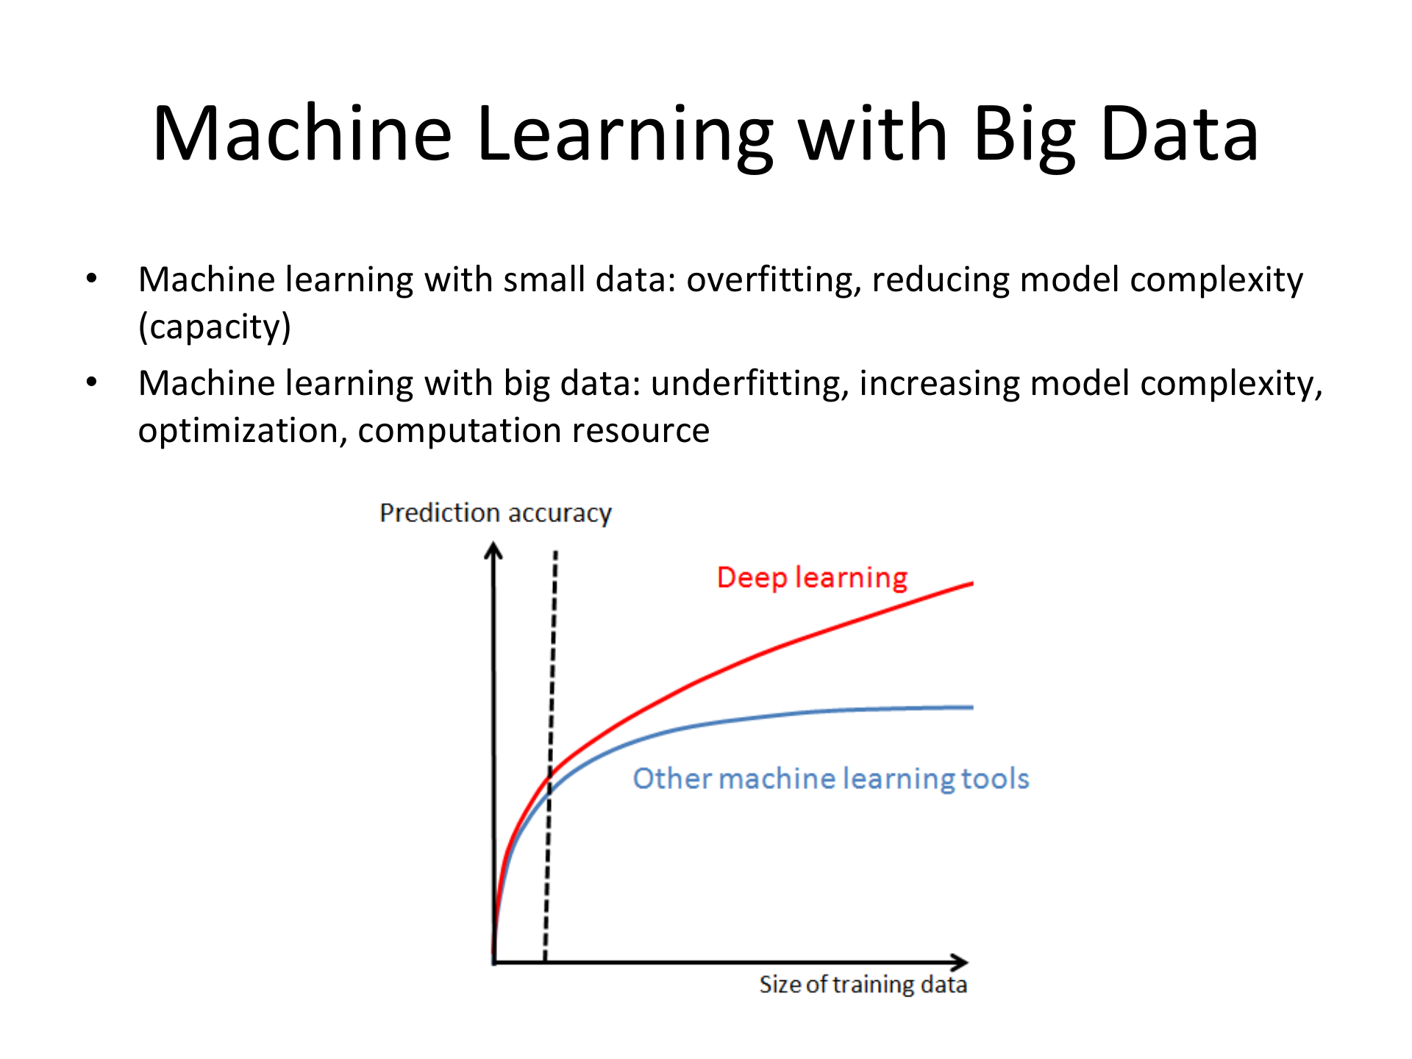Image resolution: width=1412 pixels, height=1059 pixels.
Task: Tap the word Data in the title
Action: [x=1180, y=134]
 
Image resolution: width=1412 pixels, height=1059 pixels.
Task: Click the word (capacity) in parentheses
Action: [x=215, y=327]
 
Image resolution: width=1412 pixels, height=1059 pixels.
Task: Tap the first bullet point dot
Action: [x=91, y=279]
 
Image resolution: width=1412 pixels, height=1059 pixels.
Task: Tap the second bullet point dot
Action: [x=91, y=382]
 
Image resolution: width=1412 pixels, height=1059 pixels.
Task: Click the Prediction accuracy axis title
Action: [x=495, y=513]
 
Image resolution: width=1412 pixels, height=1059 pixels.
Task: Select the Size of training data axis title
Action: [x=863, y=985]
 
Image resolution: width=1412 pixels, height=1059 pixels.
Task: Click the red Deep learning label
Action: [x=812, y=578]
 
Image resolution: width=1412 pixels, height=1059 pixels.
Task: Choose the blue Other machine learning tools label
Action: [x=831, y=779]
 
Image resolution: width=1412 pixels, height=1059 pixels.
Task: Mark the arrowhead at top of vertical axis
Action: [x=493, y=549]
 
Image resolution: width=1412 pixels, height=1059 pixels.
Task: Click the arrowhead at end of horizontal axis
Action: [x=961, y=962]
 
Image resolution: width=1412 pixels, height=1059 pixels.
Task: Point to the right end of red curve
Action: [x=971, y=584]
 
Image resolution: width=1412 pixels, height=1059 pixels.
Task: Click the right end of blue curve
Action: [x=971, y=707]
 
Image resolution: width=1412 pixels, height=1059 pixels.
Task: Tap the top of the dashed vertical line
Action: [x=556, y=553]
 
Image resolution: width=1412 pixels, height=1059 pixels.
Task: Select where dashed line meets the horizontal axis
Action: [x=545, y=960]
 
